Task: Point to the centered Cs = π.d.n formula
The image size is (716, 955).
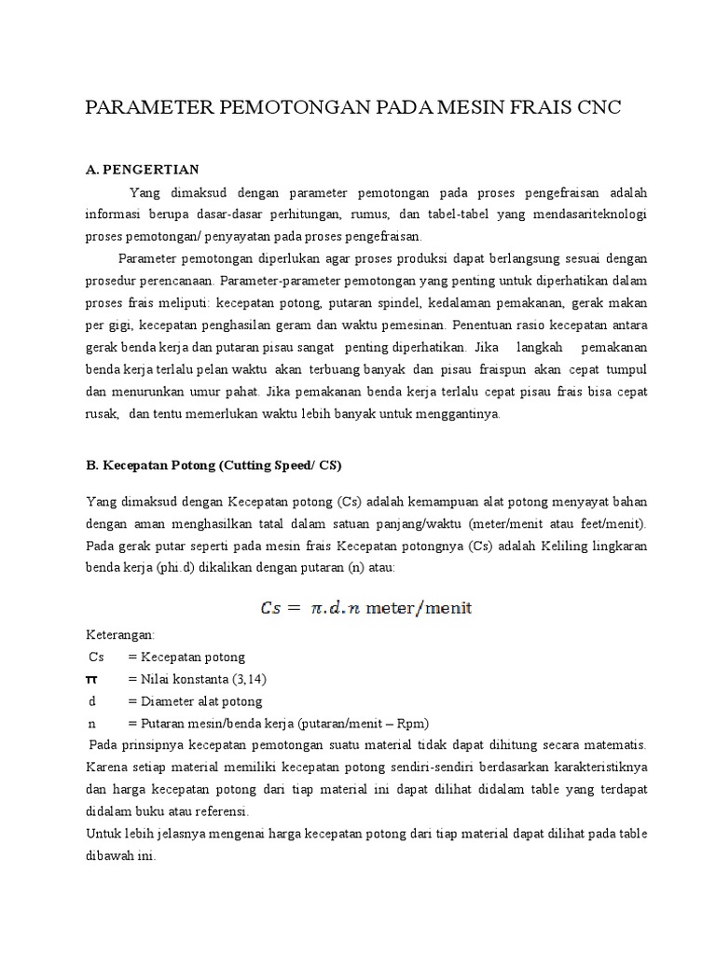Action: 365,608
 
